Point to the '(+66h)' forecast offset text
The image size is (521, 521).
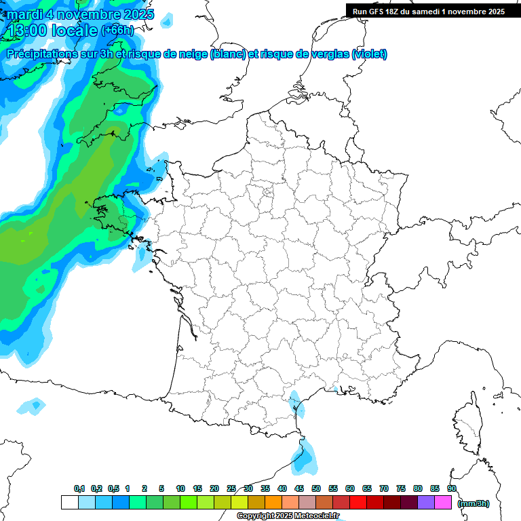(117, 31)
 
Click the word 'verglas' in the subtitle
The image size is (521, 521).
(330, 54)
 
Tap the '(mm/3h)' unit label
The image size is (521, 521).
(474, 503)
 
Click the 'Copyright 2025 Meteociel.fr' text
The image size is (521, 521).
(288, 516)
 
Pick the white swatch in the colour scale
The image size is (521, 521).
(69, 503)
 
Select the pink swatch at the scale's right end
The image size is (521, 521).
(443, 503)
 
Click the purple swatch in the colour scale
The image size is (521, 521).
(426, 503)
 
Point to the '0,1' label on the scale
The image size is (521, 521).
(79, 489)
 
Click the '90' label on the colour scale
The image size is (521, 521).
(452, 489)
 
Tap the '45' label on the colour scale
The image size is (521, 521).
(299, 489)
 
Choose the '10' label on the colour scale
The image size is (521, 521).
(180, 489)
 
